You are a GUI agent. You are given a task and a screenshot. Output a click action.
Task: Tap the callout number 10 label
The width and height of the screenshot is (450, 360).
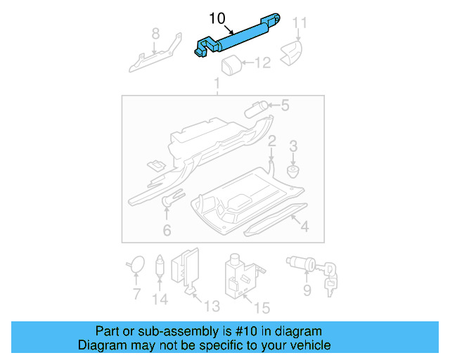pyautogui.click(x=217, y=18)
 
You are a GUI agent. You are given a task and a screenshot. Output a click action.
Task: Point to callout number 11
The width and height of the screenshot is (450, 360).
pyautogui.click(x=300, y=23)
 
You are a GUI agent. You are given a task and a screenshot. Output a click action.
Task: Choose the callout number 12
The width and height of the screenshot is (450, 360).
pyautogui.click(x=262, y=64)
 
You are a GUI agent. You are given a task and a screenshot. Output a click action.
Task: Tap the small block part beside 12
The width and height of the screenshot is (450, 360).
pyautogui.click(x=232, y=66)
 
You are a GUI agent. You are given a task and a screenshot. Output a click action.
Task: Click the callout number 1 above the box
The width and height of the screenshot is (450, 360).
pyautogui.click(x=217, y=84)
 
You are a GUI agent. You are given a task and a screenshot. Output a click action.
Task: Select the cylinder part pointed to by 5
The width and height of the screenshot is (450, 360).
pyautogui.click(x=255, y=109)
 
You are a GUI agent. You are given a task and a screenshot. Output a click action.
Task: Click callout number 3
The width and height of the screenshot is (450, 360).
pyautogui.click(x=294, y=146)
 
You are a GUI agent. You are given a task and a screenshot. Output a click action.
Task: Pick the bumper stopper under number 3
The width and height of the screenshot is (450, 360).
pyautogui.click(x=294, y=171)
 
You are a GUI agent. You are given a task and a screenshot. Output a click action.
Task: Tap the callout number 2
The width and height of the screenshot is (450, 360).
pyautogui.click(x=271, y=141)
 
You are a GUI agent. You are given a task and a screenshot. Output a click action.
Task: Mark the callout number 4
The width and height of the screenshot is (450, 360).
pyautogui.click(x=304, y=226)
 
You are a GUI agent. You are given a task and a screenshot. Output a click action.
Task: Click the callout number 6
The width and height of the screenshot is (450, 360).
pyautogui.click(x=167, y=230)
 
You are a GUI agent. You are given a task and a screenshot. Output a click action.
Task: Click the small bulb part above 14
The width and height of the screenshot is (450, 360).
pyautogui.click(x=160, y=265)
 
